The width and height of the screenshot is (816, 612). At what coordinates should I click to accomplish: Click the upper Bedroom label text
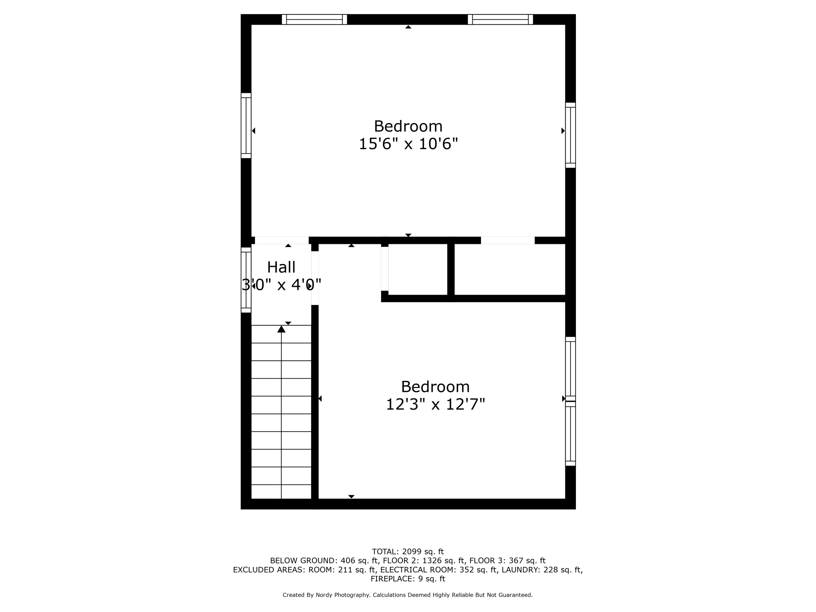(408, 126)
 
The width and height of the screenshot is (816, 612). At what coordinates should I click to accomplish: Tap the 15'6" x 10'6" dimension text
(408, 144)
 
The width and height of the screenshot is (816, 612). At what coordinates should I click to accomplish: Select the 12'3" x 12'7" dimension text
(435, 404)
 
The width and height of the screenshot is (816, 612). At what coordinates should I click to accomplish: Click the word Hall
(281, 267)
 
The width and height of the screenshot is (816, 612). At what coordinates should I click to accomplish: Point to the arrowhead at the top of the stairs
(281, 329)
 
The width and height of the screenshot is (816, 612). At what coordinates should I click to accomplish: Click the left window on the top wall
(315, 19)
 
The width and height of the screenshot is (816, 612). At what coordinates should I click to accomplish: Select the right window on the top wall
(501, 19)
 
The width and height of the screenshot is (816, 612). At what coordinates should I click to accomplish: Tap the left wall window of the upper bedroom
(246, 126)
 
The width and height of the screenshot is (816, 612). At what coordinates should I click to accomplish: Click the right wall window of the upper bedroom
(570, 135)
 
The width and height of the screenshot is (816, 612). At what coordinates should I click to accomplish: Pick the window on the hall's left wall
(246, 280)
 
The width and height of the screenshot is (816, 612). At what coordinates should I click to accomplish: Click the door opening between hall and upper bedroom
(282, 240)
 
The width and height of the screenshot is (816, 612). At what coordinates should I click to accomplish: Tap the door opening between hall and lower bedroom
(315, 278)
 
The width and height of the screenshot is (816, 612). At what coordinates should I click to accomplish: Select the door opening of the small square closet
(385, 269)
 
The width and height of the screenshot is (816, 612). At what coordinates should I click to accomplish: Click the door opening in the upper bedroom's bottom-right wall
(508, 240)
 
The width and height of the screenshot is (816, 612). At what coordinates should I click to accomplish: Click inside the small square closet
(418, 270)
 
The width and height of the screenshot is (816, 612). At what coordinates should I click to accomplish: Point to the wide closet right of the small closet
(510, 270)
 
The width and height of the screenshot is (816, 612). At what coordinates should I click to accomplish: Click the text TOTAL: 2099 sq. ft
(408, 552)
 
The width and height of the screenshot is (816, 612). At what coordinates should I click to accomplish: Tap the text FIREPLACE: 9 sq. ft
(408, 579)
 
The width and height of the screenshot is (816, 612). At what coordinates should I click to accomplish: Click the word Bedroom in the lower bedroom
(435, 387)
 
